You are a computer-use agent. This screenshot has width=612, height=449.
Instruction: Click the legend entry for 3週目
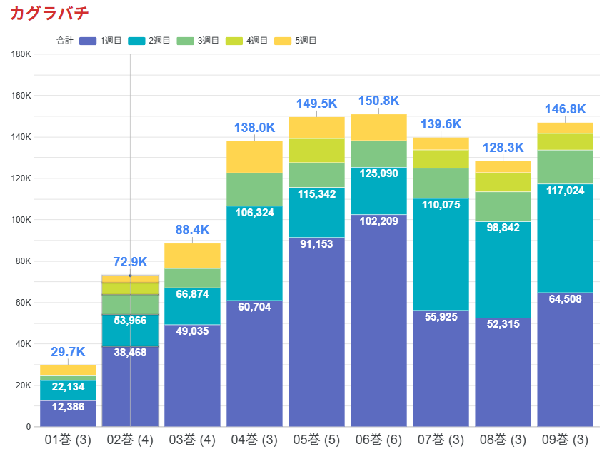tap(207, 41)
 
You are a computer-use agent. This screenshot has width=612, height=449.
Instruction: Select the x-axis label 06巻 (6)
tap(378, 438)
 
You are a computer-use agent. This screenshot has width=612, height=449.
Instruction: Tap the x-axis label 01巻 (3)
tap(68, 438)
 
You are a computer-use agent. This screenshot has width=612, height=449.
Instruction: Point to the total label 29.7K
tap(68, 352)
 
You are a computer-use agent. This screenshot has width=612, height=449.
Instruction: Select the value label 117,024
tap(565, 191)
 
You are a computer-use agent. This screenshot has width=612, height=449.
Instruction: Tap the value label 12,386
tap(68, 408)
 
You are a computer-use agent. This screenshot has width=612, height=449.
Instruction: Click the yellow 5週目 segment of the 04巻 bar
tap(254, 157)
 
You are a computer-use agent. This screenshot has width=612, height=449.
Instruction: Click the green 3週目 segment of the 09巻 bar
tap(565, 167)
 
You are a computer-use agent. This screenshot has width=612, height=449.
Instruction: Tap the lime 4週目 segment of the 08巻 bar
tap(503, 182)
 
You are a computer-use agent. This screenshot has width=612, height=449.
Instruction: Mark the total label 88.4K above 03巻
tap(192, 230)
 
